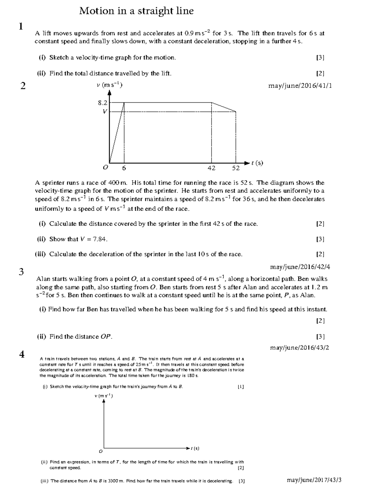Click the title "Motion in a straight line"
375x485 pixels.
coord(136,11)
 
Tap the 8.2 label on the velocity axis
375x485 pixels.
coord(102,102)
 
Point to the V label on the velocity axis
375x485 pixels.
coord(105,111)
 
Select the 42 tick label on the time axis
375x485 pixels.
coord(212,168)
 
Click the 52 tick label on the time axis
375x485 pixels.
coord(236,168)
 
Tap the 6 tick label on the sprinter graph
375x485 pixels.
coord(124,168)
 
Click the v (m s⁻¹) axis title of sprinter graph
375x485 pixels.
coord(109,85)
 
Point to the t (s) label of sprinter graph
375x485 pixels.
coord(257,163)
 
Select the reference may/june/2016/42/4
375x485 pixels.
coord(300,267)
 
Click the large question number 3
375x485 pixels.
coord(21,272)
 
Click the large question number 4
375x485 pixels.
coord(22,354)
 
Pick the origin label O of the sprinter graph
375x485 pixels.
coord(106,167)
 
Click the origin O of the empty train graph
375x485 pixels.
coord(100,451)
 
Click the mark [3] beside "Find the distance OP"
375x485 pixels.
coord(320,336)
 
